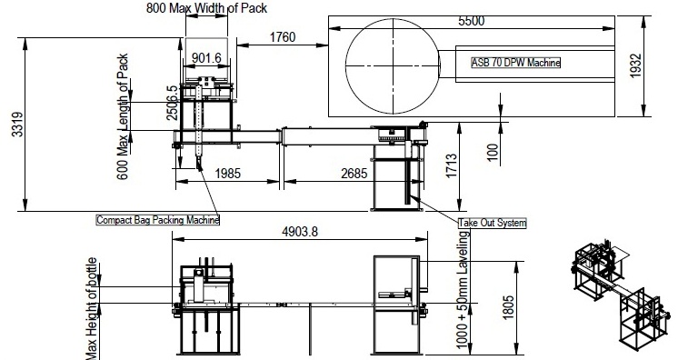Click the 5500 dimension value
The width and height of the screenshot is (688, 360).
tap(472, 21)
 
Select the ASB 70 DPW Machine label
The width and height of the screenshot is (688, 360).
tap(516, 63)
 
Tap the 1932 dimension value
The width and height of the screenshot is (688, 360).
tap(635, 66)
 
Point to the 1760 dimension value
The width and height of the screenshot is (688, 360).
tap(282, 37)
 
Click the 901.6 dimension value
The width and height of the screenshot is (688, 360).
tap(206, 58)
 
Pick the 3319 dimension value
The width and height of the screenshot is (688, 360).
tap(17, 125)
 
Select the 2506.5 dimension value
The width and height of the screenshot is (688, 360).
tap(172, 103)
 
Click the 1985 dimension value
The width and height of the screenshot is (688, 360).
tap(228, 174)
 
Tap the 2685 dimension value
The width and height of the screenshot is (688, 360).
tap(354, 174)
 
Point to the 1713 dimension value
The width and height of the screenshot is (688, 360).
tap(451, 166)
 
